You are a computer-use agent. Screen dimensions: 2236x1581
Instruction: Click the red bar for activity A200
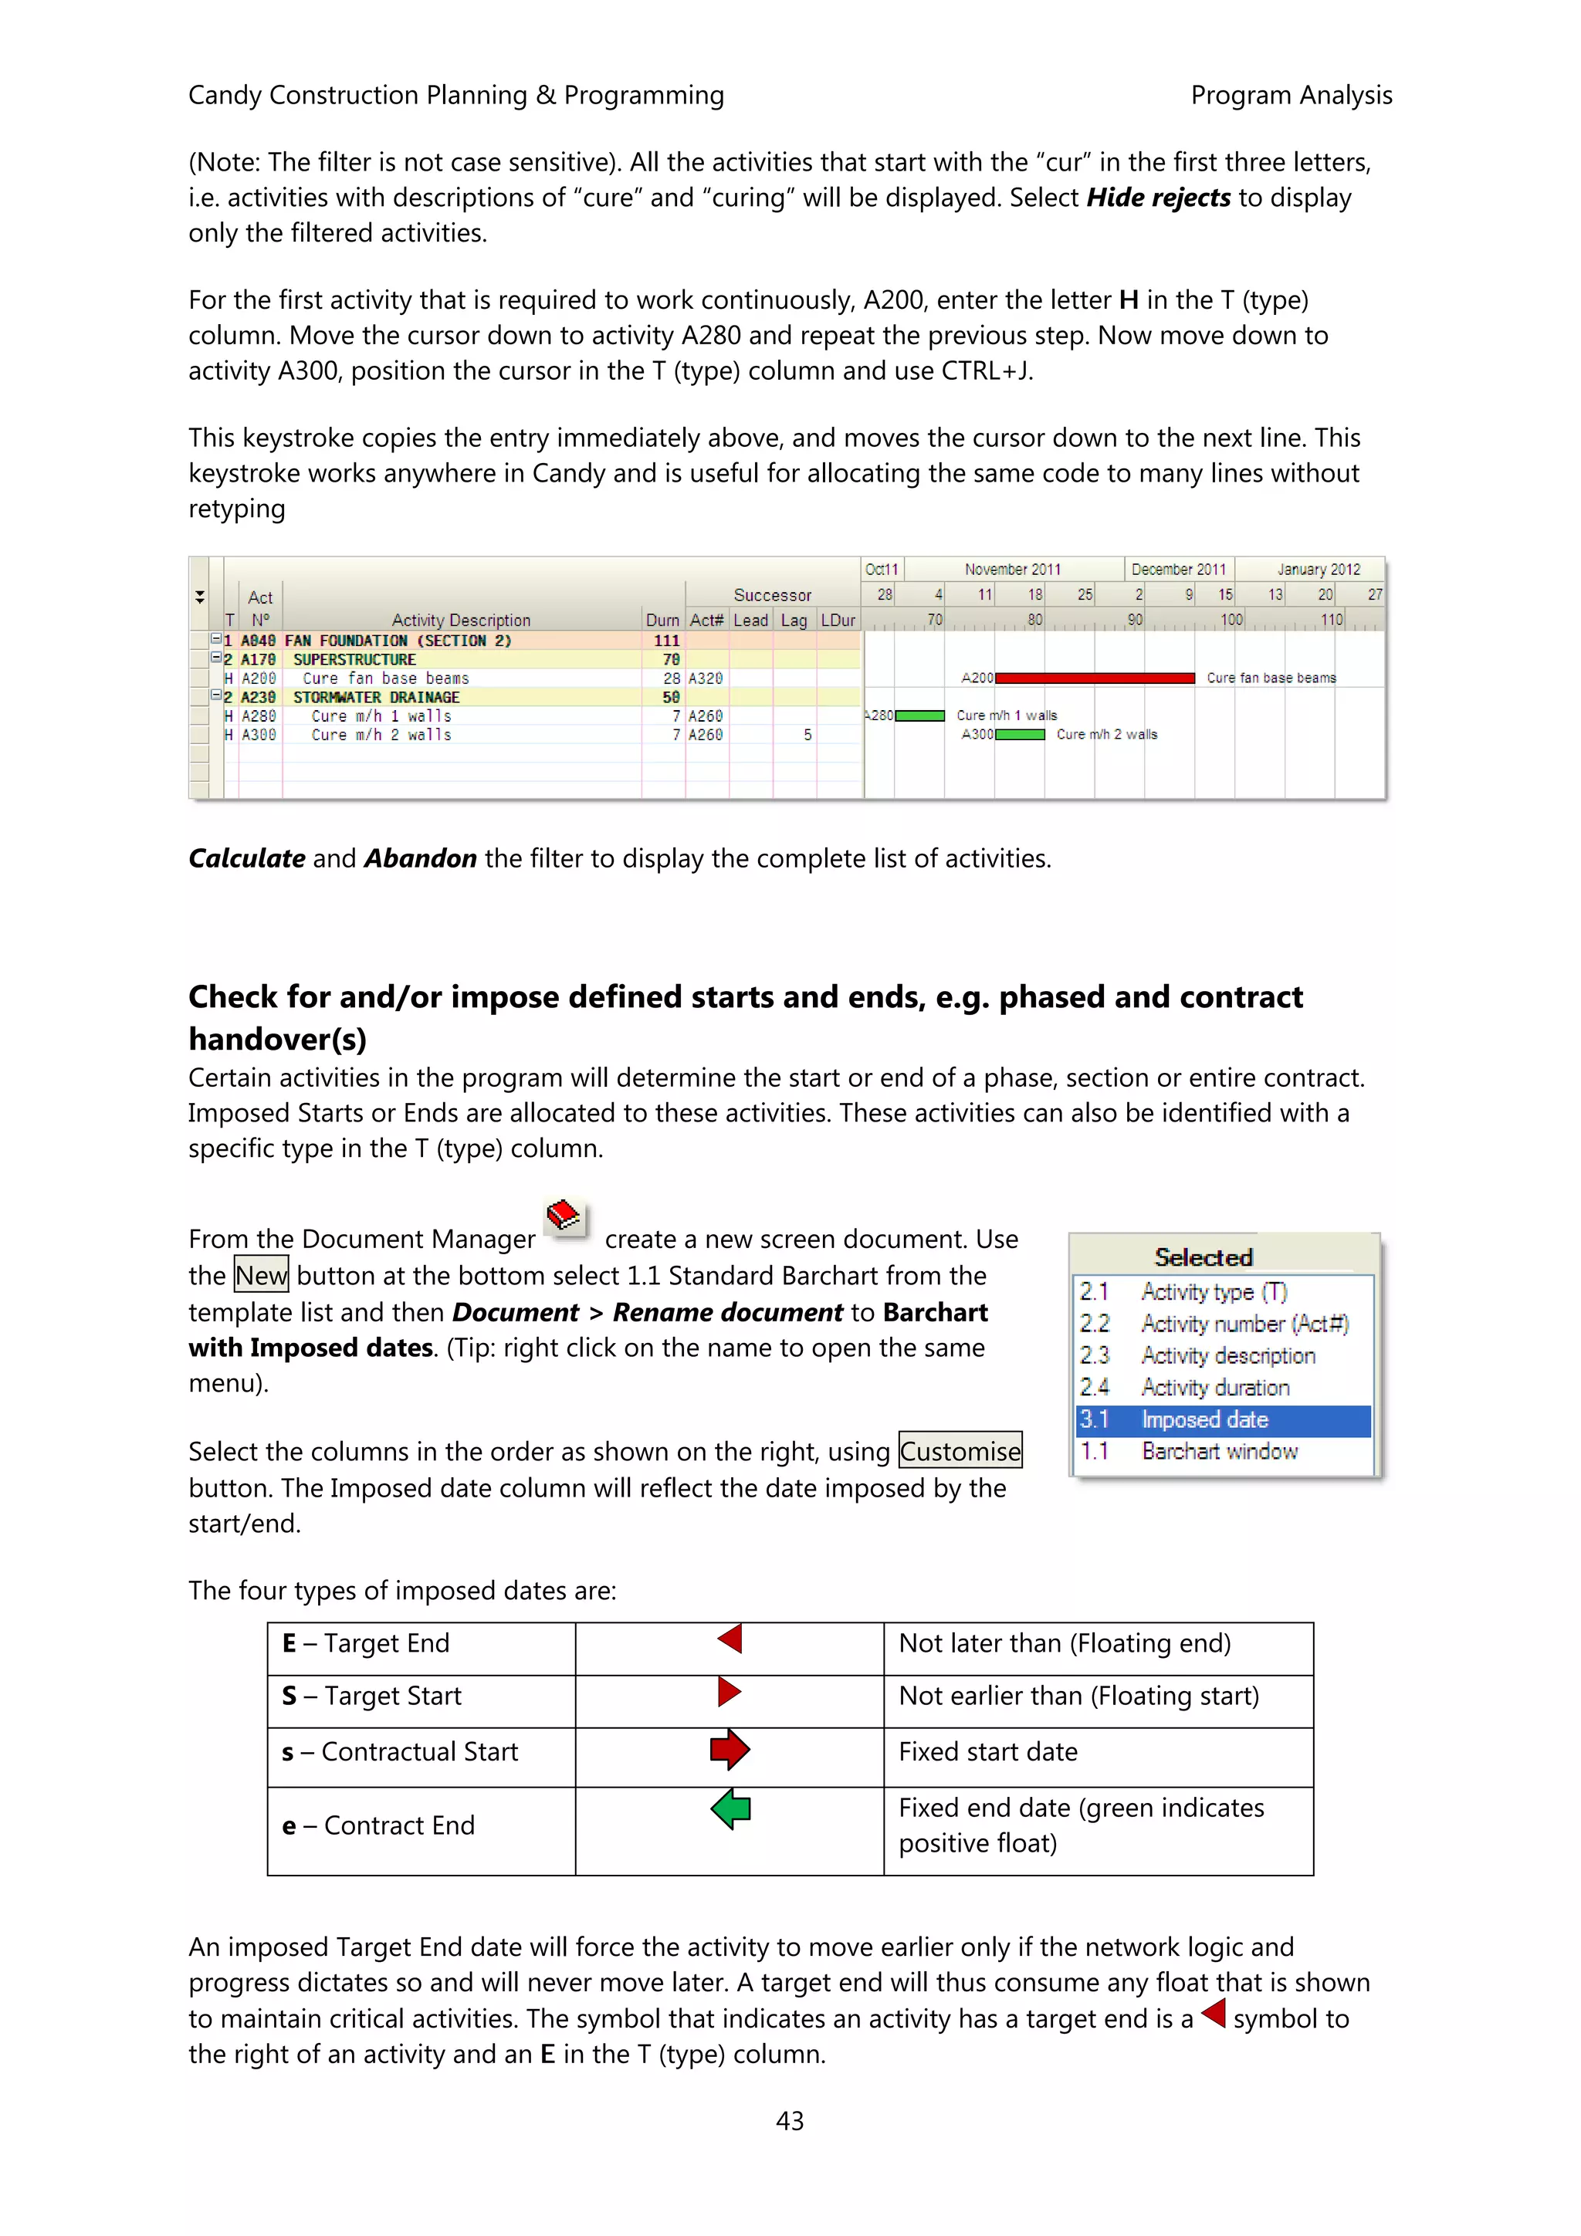pos(1094,678)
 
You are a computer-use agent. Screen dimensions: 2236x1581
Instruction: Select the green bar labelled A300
pos(1020,734)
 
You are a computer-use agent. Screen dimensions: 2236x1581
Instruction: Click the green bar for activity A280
pos(919,715)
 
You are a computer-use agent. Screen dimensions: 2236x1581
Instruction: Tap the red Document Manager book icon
pos(565,1216)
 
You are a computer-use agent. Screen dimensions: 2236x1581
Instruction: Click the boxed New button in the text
pos(261,1276)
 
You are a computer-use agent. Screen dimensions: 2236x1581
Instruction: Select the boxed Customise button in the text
pos(960,1452)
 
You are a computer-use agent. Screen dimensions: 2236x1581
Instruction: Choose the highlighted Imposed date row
pos(1224,1420)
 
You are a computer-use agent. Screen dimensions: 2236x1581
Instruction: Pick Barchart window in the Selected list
pos(1219,1452)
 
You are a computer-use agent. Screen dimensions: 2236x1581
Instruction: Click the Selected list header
pos(1204,1257)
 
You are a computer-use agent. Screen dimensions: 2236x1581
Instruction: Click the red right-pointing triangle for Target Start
pos(729,1692)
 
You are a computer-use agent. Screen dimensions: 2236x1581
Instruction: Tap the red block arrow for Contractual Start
pos(730,1750)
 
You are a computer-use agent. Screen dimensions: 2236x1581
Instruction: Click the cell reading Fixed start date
pos(988,1752)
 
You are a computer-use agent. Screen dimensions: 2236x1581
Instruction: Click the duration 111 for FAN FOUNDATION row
pos(666,641)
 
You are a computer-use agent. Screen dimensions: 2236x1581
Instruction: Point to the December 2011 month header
pos(1179,570)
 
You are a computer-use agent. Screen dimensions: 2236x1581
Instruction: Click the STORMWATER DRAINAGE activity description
pos(376,697)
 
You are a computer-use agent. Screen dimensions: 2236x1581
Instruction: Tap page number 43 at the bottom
pos(790,2120)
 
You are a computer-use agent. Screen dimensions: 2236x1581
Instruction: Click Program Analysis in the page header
pos(1291,96)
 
